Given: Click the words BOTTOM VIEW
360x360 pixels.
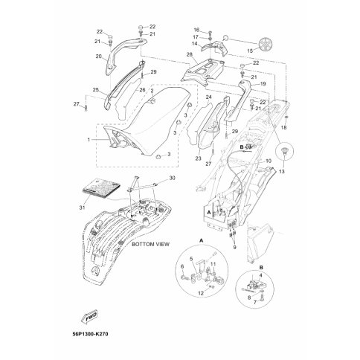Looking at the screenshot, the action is pos(150,244).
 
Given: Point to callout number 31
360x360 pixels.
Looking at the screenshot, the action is pos(83,208).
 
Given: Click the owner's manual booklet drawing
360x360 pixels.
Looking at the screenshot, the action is pos(102,187).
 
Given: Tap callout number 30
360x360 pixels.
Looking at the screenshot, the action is pos(172,178).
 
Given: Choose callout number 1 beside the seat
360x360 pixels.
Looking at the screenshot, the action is pos(89,140).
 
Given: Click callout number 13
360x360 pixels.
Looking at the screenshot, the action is pos(282,171).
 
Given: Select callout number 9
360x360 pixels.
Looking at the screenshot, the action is pos(234,247).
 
